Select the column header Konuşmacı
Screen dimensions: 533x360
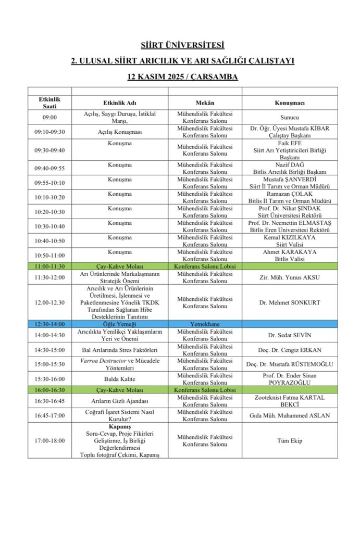pos(289,103)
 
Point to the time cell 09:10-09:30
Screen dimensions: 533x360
pos(49,132)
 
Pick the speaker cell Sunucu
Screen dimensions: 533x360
pos(289,118)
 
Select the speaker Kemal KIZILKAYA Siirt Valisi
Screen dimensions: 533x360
pos(289,240)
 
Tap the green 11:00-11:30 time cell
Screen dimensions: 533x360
pos(49,265)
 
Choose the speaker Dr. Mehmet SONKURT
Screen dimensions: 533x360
pos(289,302)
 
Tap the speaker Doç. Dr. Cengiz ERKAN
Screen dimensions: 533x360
pos(289,349)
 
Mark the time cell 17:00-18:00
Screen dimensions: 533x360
pos(49,440)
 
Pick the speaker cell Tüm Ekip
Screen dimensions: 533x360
pos(289,440)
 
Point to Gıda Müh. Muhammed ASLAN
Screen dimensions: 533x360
pos(289,415)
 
